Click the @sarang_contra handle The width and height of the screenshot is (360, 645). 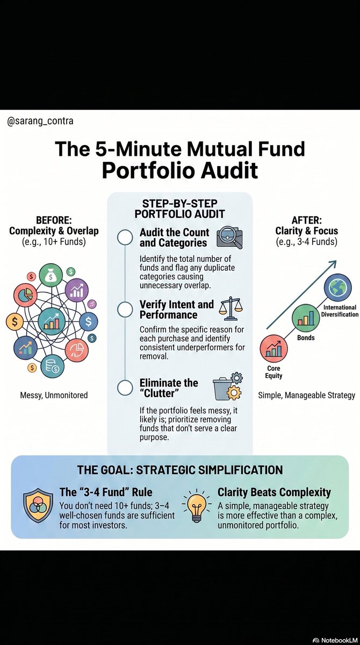(x=40, y=121)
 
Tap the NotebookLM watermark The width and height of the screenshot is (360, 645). (x=335, y=640)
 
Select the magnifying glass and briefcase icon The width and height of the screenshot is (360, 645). (x=229, y=237)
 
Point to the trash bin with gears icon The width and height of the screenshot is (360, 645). (x=228, y=386)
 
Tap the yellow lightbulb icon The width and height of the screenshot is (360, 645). (x=197, y=509)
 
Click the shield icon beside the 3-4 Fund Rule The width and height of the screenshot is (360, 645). (x=38, y=510)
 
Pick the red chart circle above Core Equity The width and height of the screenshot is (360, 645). (x=273, y=348)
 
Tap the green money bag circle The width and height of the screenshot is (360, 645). (x=51, y=275)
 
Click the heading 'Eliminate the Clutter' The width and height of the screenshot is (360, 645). (x=169, y=388)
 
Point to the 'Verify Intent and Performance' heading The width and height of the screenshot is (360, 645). (x=177, y=310)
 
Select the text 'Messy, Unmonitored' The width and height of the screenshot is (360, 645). (x=54, y=395)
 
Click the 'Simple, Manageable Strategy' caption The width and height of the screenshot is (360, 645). (x=306, y=396)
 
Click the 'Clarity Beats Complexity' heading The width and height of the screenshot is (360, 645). (x=274, y=492)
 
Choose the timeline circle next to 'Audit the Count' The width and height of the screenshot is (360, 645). (x=125, y=238)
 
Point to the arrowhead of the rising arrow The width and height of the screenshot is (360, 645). (x=333, y=263)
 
